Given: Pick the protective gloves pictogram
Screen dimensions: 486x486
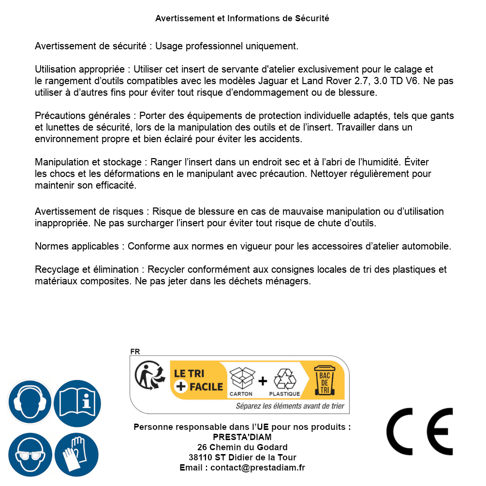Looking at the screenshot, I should (x=77, y=455).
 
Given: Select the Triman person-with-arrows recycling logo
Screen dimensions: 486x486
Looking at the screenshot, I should (x=149, y=376).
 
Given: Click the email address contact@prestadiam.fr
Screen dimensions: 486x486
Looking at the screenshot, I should (x=258, y=468).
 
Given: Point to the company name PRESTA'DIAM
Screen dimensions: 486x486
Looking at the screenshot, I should (x=242, y=437).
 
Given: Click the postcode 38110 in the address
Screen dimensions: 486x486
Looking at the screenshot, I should (x=200, y=457).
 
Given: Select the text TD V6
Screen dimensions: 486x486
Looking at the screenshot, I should (x=410, y=81).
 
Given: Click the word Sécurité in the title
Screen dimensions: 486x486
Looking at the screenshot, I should (x=312, y=18).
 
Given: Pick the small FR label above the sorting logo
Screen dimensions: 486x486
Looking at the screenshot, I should (x=134, y=352).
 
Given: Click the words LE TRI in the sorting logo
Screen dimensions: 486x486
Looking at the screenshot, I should (x=189, y=373).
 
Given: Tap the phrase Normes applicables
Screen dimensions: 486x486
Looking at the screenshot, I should (x=76, y=247).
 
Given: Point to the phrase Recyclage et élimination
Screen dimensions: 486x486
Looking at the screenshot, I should (x=87, y=270).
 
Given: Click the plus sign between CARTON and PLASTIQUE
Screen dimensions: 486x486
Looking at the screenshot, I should (x=263, y=381).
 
